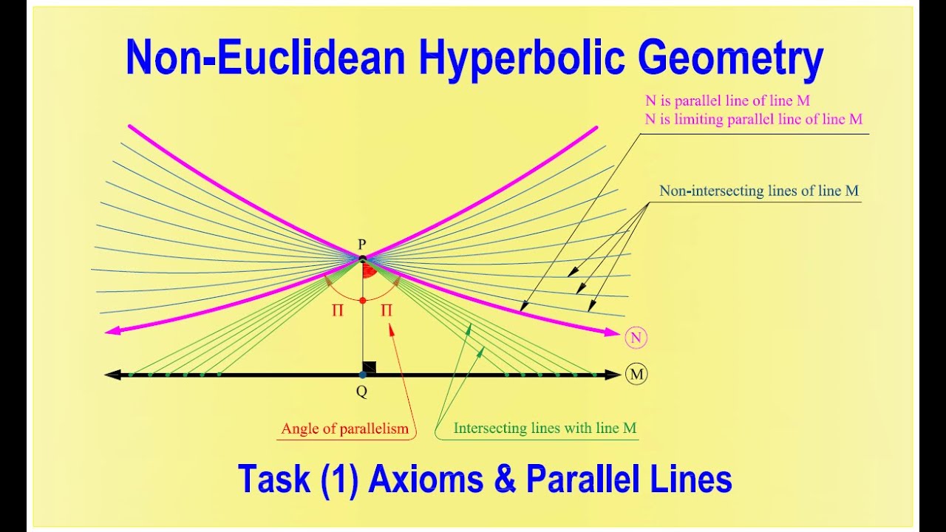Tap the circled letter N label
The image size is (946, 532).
636,338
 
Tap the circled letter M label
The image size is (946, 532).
636,375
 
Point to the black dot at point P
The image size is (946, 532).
363,259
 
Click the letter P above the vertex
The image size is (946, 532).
362,245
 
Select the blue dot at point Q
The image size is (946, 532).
362,375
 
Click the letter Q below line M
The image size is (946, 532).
361,392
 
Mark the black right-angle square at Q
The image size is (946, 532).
370,367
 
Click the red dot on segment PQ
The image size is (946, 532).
362,301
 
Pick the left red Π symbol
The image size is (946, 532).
337,311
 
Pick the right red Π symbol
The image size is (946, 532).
387,311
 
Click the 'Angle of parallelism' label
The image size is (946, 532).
344,429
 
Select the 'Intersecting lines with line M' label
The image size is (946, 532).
545,428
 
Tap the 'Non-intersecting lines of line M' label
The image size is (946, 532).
759,191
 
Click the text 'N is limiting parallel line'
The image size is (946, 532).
739,119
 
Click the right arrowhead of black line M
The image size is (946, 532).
613,375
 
